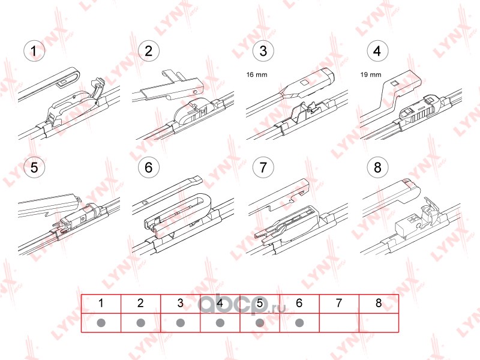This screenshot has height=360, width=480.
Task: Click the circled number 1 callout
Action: click(34, 51)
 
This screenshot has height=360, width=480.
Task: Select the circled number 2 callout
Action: click(148, 51)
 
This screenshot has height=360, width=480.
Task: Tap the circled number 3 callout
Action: click(263, 51)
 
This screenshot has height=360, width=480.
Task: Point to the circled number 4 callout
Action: click(377, 51)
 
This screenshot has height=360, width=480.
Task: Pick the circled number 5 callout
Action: click(34, 167)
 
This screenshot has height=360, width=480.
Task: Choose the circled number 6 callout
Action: click(148, 167)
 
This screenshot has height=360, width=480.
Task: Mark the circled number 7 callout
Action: click(263, 167)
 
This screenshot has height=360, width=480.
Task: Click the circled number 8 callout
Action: click(377, 167)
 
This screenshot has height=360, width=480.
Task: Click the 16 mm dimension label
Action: click(257, 74)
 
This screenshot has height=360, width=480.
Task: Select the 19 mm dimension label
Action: click(371, 74)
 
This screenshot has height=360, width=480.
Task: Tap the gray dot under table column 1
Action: click(101, 323)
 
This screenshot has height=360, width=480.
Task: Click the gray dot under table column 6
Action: click(299, 323)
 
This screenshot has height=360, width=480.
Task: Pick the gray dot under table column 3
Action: click(181, 323)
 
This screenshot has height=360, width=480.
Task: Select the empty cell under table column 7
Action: click(339, 323)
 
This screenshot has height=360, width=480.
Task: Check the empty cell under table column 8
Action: click(379, 323)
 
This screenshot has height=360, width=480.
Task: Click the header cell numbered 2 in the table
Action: click(140, 304)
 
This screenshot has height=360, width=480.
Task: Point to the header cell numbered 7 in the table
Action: click(339, 304)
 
